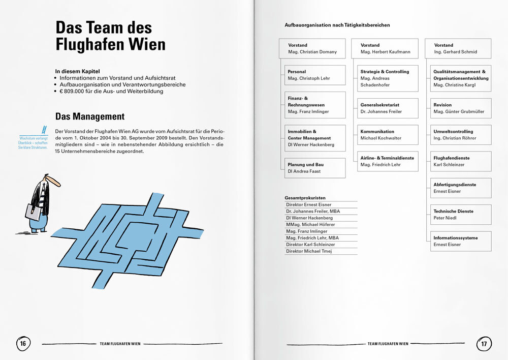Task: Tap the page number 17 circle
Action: point(484,344)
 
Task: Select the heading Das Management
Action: point(90,116)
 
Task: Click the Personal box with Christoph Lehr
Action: point(315,75)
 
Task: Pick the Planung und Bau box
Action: point(315,168)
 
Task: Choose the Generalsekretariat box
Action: point(388,108)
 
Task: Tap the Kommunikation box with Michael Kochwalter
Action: point(388,135)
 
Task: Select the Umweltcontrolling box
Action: point(462,135)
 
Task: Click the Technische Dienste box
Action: point(462,215)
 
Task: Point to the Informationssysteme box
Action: point(462,241)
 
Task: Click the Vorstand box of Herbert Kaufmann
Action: point(388,48)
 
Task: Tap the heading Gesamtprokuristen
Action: point(305,198)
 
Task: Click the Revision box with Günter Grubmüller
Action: point(462,108)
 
